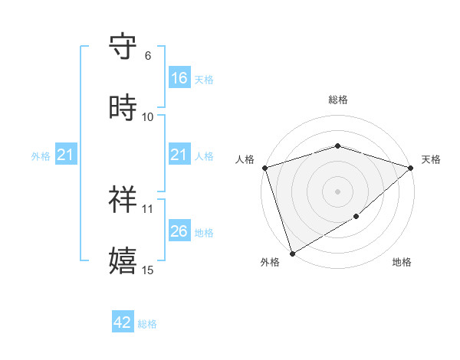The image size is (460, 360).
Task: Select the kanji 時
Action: tap(123, 108)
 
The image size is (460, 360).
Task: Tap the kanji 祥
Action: tap(123, 199)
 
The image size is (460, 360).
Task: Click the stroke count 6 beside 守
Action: tap(148, 55)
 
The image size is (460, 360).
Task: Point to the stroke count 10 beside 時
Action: tap(148, 116)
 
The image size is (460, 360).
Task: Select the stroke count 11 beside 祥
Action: tap(148, 208)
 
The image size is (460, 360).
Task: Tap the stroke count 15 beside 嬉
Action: tap(148, 270)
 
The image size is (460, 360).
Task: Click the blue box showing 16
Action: tap(179, 78)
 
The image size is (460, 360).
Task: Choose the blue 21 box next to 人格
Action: tap(179, 155)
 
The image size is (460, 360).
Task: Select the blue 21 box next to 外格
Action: tap(66, 155)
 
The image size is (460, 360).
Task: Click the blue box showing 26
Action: tap(179, 231)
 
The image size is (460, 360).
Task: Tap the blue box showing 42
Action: tap(123, 322)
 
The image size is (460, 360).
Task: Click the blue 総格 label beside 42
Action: tap(147, 324)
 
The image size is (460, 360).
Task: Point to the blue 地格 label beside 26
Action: tap(204, 233)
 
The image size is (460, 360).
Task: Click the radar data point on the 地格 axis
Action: tap(356, 217)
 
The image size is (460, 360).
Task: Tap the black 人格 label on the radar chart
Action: tap(245, 159)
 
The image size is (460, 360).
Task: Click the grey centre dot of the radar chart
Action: tap(337, 191)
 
